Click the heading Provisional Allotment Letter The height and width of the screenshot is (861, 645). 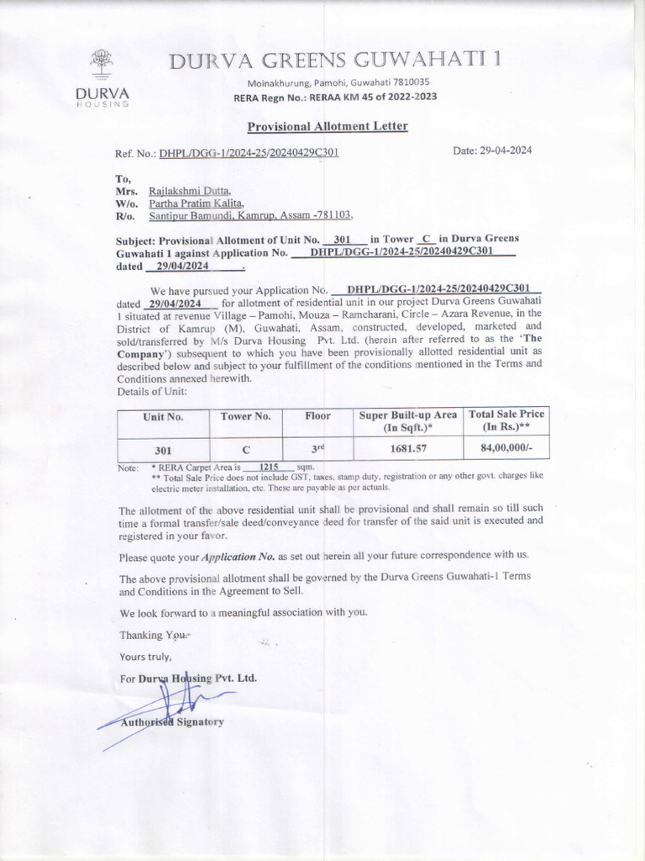[327, 126]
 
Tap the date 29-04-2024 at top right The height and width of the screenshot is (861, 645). [492, 151]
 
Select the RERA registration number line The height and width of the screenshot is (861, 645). [334, 96]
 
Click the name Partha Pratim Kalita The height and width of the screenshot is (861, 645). [196, 203]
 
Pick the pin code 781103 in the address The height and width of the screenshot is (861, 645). [331, 215]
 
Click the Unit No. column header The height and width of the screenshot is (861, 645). [163, 416]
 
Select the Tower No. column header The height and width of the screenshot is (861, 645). [245, 416]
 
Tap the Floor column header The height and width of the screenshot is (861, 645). [318, 416]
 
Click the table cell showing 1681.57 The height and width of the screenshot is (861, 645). [408, 448]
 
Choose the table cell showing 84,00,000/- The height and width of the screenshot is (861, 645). [506, 448]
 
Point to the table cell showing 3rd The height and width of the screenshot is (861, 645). [318, 448]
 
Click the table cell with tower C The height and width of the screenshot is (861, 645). [245, 449]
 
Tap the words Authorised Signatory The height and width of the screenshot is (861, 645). [171, 722]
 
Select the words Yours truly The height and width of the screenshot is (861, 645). [145, 657]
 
